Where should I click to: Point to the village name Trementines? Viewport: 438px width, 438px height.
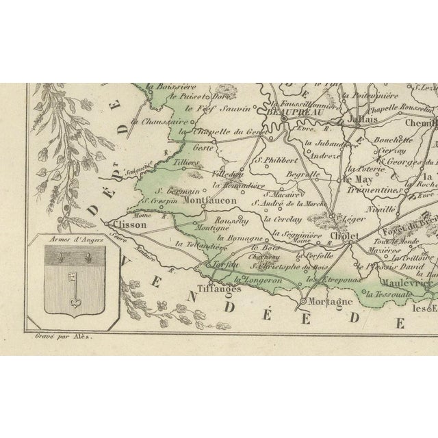point(370,191)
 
